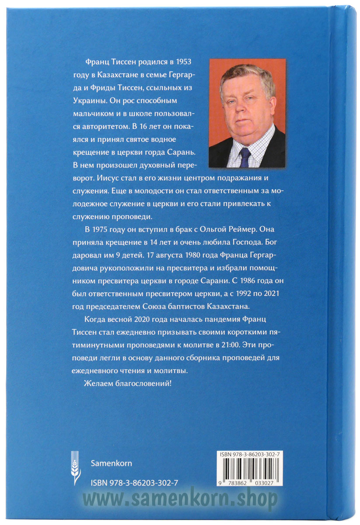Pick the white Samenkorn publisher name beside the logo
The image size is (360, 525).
click(111, 463)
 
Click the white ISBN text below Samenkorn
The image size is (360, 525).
click(134, 482)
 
